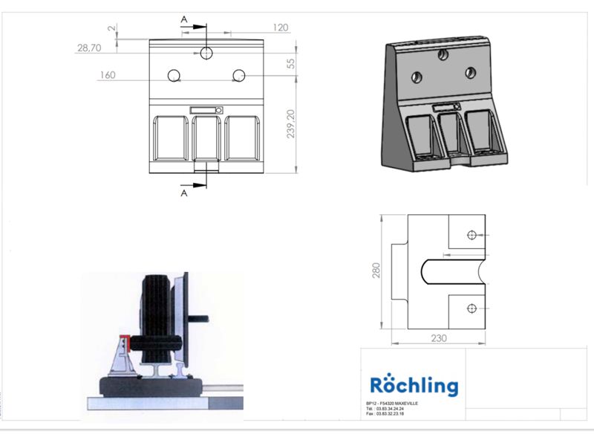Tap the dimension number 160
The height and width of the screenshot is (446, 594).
(108, 74)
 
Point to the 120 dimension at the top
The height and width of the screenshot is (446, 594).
(280, 28)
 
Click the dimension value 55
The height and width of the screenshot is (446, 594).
(291, 65)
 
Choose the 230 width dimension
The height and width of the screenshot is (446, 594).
(438, 338)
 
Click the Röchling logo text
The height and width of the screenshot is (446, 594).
(414, 386)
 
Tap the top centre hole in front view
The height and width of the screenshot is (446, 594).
(206, 53)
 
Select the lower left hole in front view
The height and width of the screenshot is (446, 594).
(174, 75)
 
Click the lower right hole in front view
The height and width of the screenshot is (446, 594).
(238, 75)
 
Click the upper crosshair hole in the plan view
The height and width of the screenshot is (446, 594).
(471, 235)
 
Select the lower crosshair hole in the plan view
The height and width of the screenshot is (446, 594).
(471, 308)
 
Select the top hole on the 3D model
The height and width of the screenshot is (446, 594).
(443, 54)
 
